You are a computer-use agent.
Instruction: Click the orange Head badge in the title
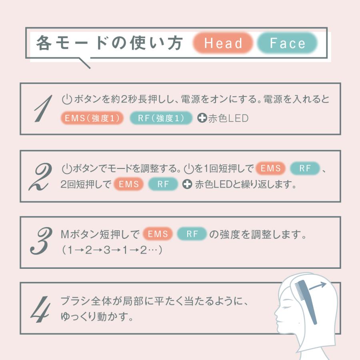[x=223, y=43]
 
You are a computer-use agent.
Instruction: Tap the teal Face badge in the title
[x=287, y=43]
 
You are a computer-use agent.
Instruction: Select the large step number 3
[x=41, y=241]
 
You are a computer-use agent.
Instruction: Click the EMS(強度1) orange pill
[x=92, y=118]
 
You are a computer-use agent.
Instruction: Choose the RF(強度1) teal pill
[x=161, y=118]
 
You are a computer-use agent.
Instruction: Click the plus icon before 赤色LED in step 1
[x=202, y=118]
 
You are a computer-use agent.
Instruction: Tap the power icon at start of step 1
[x=67, y=99]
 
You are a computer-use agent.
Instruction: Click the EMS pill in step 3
[x=158, y=234]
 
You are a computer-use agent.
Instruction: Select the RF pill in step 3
[x=192, y=234]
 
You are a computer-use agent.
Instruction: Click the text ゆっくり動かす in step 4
[x=97, y=317]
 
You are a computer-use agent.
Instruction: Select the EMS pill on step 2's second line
[x=128, y=184]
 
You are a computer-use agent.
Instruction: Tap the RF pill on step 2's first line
[x=304, y=168]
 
